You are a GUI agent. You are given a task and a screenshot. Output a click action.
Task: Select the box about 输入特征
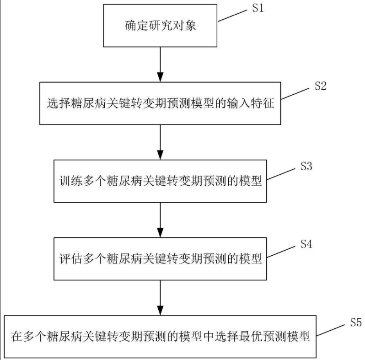pos(160,103)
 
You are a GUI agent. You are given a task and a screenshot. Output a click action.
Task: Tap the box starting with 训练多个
pos(160,181)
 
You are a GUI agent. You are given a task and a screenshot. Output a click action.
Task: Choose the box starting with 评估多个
pos(160,259)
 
